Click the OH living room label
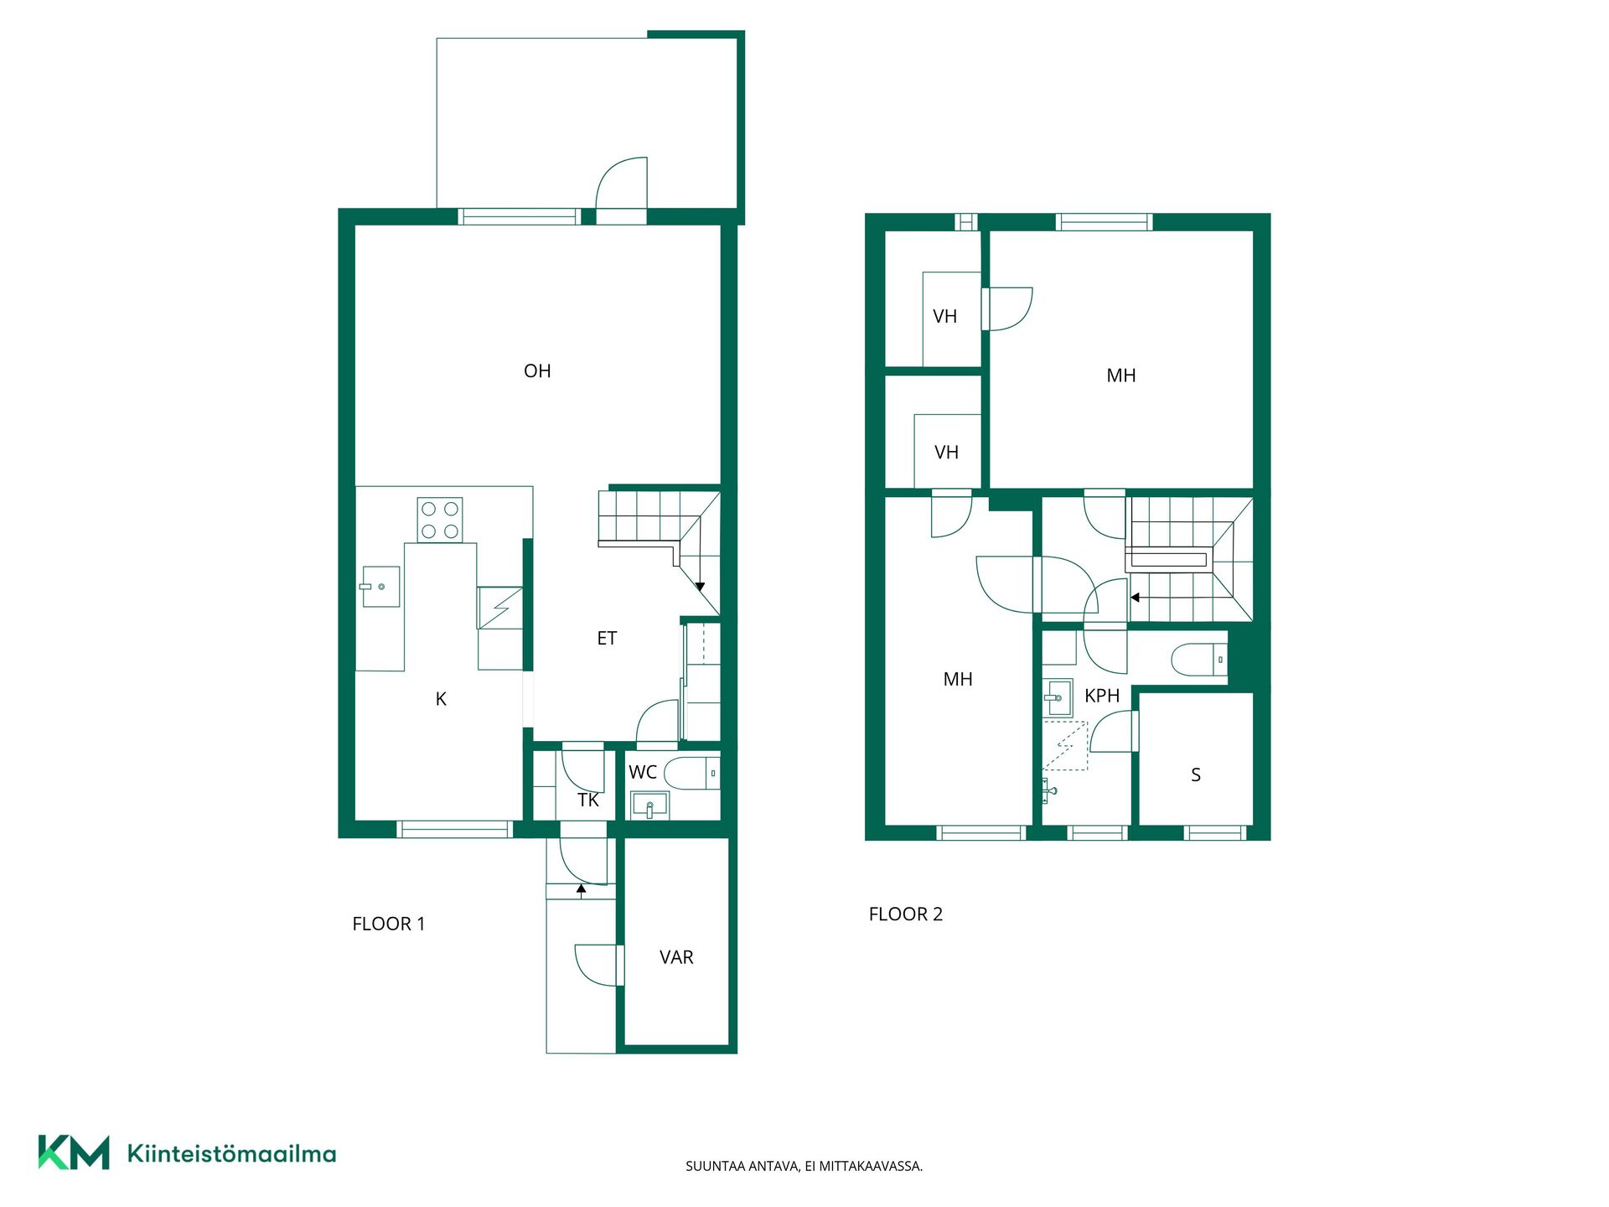click(x=537, y=370)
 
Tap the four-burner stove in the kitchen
click(x=440, y=521)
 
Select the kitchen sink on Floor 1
click(x=380, y=586)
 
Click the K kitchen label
click(x=441, y=699)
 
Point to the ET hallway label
click(x=607, y=639)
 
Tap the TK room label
click(x=588, y=800)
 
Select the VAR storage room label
click(x=676, y=957)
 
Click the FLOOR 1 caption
click(x=389, y=924)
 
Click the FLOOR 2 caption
click(x=906, y=914)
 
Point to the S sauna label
click(x=1196, y=775)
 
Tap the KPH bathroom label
click(x=1102, y=696)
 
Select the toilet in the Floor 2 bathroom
click(x=1199, y=660)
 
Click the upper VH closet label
click(x=945, y=317)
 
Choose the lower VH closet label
click(x=947, y=453)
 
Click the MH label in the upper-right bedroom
click(x=1121, y=376)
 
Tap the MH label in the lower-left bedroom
click(x=958, y=679)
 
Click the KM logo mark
click(x=74, y=1153)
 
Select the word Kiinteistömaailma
click(x=231, y=1153)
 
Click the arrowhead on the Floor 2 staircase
click(x=1135, y=598)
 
